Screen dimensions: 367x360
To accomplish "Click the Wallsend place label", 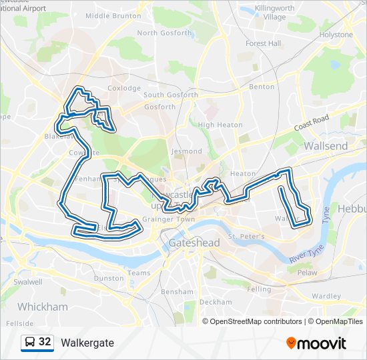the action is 326,145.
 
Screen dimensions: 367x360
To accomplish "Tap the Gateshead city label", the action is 194,243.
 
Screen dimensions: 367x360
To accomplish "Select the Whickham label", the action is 43,307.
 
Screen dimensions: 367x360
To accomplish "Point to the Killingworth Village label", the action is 265,13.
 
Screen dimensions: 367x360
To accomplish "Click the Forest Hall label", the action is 263,43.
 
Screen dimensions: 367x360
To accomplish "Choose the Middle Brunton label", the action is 113,15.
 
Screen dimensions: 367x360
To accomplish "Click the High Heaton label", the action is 220,125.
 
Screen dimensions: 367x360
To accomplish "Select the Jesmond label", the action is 186,151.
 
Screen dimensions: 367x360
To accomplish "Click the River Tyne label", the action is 306,256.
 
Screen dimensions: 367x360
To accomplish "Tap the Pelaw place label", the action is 307,273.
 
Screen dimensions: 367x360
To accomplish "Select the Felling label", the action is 259,289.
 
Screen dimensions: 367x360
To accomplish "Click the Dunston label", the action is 109,278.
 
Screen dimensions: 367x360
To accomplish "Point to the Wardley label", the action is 326,296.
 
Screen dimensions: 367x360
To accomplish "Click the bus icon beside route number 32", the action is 30,342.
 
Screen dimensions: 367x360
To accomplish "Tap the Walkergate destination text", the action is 87,343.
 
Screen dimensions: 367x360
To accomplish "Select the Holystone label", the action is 336,34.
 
